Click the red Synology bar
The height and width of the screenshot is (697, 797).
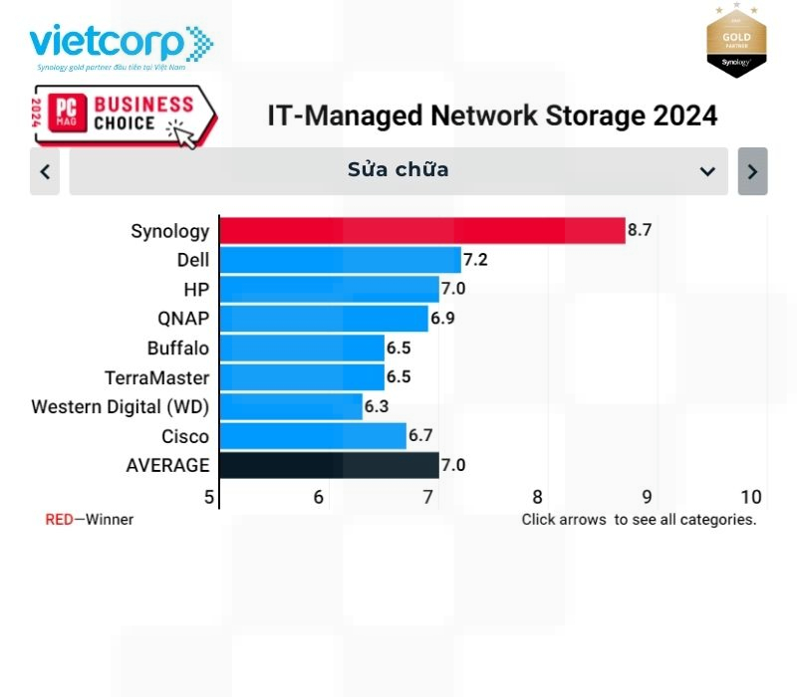tap(421, 231)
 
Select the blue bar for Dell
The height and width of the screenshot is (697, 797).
tap(340, 261)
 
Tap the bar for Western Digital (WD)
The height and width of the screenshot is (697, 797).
tap(290, 406)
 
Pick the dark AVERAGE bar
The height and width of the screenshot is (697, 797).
tap(329, 465)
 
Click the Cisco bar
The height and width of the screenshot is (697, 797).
tap(312, 436)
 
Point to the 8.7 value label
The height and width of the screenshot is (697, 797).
tap(640, 231)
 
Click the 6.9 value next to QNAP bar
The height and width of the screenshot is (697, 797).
tap(442, 319)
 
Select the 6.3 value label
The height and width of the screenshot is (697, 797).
tap(377, 406)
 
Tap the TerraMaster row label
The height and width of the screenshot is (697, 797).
tap(156, 377)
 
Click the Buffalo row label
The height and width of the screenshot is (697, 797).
tap(178, 348)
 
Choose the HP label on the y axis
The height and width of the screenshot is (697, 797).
tap(196, 290)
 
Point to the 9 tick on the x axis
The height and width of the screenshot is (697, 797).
tap(647, 497)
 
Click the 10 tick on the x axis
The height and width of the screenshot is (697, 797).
tap(751, 497)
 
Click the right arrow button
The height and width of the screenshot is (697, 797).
tap(752, 171)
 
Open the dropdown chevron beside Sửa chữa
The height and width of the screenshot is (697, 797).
tap(707, 171)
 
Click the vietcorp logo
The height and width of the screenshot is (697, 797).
tap(121, 46)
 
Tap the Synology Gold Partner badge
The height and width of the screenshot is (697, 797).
tap(736, 41)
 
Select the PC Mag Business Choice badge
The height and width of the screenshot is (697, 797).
tap(124, 116)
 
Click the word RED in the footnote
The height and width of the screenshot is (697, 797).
tap(59, 520)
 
